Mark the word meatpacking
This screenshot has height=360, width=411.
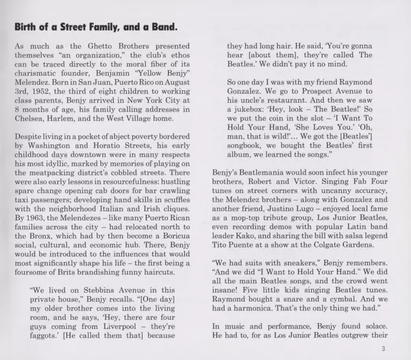tap(73, 182)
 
